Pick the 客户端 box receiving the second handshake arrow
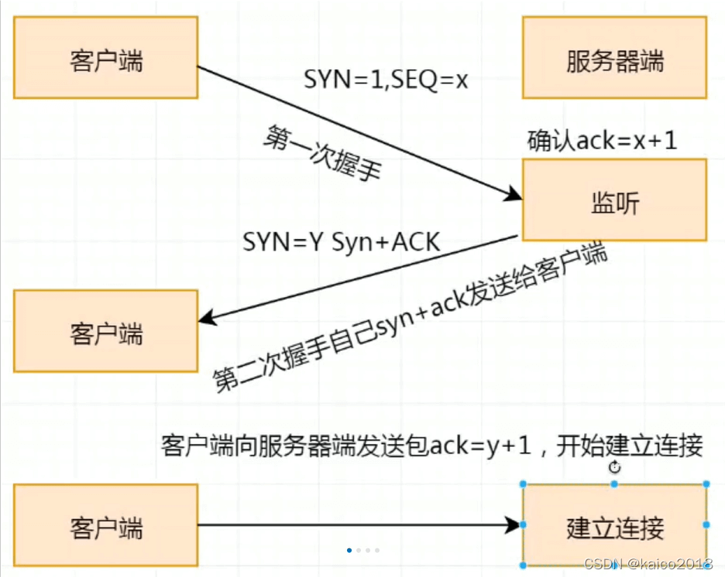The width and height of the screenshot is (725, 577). pos(105,333)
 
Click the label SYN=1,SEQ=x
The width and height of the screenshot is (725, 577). pos(386,79)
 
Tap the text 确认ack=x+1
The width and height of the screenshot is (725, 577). pos(602,141)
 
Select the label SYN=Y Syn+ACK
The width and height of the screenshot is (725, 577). pos(341,242)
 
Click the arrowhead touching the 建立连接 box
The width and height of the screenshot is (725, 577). pos(513,526)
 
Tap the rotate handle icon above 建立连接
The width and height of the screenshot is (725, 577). pos(615,467)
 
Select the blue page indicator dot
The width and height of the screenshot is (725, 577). pos(349,551)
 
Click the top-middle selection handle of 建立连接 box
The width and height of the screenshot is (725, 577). pos(614,484)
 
